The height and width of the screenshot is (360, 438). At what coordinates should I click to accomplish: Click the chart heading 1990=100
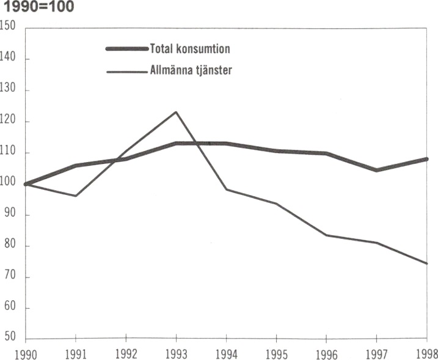click(38, 9)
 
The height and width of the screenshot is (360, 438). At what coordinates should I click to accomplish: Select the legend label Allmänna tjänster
click(191, 70)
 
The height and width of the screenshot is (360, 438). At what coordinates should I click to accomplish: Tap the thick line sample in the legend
click(127, 48)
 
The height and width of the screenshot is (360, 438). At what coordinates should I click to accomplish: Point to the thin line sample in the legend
click(127, 71)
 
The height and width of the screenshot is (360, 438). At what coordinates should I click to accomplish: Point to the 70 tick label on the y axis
click(9, 277)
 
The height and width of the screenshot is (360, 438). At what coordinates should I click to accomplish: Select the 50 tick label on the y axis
click(9, 339)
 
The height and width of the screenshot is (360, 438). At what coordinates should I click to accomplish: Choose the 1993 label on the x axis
click(176, 354)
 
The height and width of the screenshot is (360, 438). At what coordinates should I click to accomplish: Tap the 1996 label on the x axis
click(326, 354)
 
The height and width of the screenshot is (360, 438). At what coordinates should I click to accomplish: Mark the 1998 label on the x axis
click(426, 354)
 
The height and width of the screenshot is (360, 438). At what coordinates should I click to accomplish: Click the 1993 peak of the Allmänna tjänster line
click(176, 112)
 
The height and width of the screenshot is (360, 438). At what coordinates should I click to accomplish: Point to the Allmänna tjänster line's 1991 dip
click(75, 196)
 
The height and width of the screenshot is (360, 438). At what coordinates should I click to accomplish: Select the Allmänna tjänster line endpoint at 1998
click(426, 263)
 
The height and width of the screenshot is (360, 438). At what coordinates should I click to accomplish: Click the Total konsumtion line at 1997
click(377, 170)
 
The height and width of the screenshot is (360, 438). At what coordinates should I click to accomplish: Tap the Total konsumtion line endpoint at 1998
click(426, 159)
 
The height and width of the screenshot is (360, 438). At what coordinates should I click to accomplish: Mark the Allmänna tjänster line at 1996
click(327, 235)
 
